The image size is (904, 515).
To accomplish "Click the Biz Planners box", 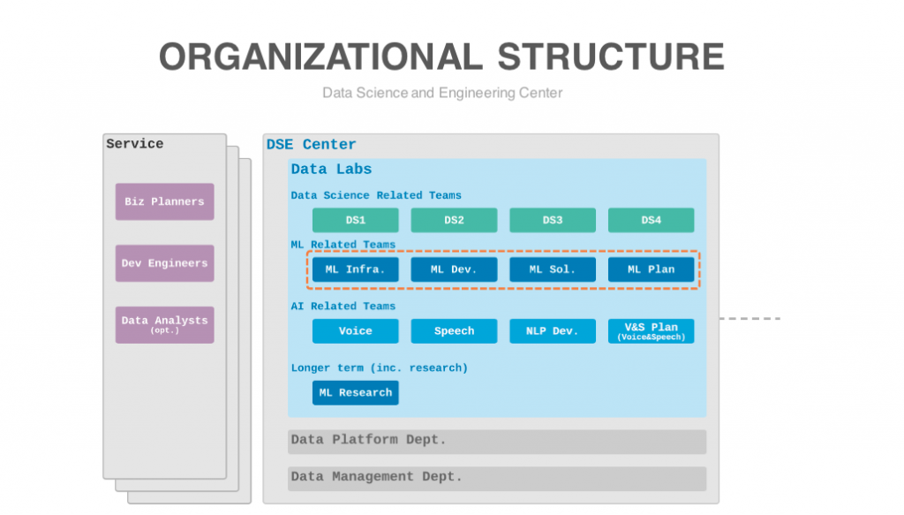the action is [164, 201].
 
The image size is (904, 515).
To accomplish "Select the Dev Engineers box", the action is [164, 263].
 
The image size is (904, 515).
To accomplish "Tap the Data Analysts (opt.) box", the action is [164, 325].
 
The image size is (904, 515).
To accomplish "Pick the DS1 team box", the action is [355, 220].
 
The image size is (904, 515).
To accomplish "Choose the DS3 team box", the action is [553, 220].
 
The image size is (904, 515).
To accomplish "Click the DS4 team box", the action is [651, 220].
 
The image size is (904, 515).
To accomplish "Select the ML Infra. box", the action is [355, 269].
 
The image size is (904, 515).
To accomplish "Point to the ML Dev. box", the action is [454, 269].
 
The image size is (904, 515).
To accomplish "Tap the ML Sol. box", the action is [553, 269].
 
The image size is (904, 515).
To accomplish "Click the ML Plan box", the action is [651, 269].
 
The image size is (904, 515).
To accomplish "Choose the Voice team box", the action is [355, 331].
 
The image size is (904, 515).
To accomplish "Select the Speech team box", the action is [454, 331].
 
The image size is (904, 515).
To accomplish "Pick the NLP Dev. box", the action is [553, 331].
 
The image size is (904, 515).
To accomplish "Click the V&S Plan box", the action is [651, 331].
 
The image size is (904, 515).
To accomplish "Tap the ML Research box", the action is [355, 393].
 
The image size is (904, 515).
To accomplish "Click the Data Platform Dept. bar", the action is [497, 441].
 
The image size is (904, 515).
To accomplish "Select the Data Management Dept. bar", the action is [497, 479].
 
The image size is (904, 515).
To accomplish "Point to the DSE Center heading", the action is [312, 144].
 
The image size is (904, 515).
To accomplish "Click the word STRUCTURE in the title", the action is [611, 57].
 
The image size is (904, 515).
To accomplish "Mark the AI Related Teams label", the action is [343, 307].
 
